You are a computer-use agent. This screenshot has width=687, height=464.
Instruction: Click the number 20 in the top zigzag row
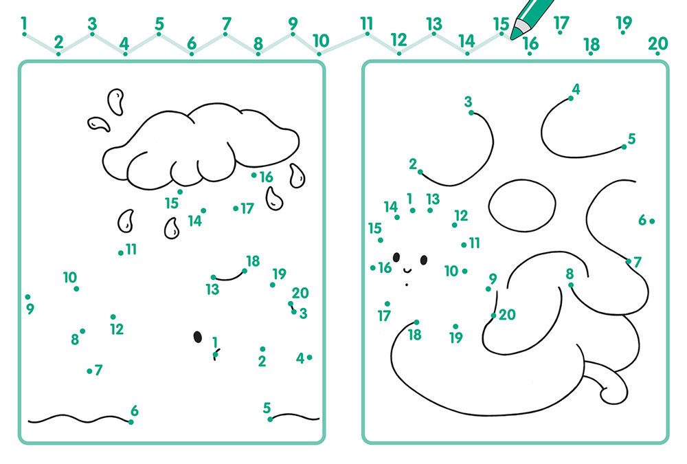pos(657,43)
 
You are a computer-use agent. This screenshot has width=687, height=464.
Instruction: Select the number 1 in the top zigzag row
pos(23,23)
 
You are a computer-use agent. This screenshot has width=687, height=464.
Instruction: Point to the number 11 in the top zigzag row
pos(367,23)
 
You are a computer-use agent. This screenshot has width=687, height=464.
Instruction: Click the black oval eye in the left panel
pos(198,337)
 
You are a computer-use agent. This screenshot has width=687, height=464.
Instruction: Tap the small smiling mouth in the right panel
pos(407,269)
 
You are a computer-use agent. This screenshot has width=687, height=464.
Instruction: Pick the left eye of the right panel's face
pos(396,258)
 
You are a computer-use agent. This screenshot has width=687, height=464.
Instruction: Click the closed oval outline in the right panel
pos(522,206)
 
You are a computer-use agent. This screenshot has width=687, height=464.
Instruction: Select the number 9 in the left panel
pos(30,309)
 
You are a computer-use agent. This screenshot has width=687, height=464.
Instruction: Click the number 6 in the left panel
pos(135,410)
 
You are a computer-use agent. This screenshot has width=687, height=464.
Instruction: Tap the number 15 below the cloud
pos(172,203)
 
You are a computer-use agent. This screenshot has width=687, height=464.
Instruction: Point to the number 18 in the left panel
pos(253,261)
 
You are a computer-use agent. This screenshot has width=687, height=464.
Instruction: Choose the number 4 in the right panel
pos(576,89)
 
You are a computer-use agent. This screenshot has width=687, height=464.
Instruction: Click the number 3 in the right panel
pos(469,102)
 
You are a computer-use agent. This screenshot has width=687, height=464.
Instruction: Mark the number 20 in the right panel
pos(507,314)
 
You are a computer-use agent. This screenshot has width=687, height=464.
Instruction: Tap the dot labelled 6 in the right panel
pos(652,221)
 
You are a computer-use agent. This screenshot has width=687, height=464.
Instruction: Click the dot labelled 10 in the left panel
pos(77,289)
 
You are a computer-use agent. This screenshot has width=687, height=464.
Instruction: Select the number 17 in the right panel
pos(384,316)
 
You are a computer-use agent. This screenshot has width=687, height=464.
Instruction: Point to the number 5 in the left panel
pos(267,408)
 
